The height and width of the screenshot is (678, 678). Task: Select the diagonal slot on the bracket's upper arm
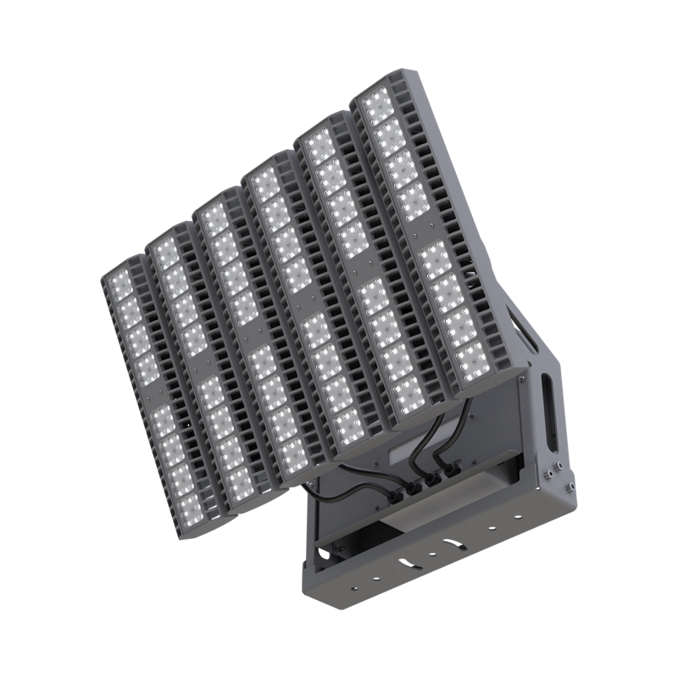(518, 330)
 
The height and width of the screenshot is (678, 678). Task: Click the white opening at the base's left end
(321, 554)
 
